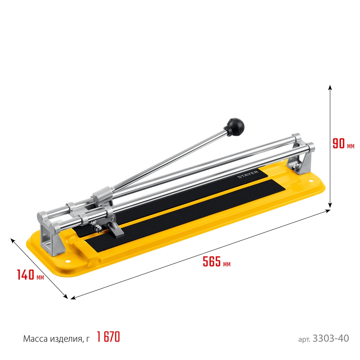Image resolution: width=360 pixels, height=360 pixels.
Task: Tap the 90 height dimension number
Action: tap(338, 144)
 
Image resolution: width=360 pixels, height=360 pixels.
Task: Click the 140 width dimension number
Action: tap(26, 275)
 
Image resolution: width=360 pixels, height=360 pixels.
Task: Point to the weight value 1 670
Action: tap(108, 337)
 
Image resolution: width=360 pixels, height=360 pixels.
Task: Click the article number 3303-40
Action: tap(331, 338)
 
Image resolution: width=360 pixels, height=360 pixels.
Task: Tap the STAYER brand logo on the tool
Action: tap(248, 175)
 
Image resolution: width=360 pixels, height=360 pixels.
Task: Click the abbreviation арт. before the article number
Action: tap(305, 339)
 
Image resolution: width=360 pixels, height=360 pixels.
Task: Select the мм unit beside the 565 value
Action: tap(226, 264)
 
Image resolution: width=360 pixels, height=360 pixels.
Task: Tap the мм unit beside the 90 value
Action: tap(351, 146)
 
